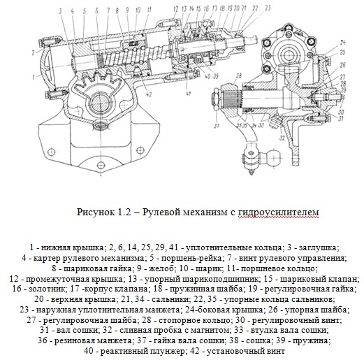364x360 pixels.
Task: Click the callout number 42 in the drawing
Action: coord(149,95)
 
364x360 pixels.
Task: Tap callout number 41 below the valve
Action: coord(188,94)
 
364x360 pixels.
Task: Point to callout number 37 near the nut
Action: coord(217,126)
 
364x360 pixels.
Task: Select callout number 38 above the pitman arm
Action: coord(238,76)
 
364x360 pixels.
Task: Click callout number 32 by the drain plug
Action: coord(282,138)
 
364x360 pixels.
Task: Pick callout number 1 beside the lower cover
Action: coord(34,76)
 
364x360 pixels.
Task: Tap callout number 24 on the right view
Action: coord(342,43)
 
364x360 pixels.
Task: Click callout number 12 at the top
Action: coord(176,10)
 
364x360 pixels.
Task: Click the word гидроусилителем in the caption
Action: coord(279,213)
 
